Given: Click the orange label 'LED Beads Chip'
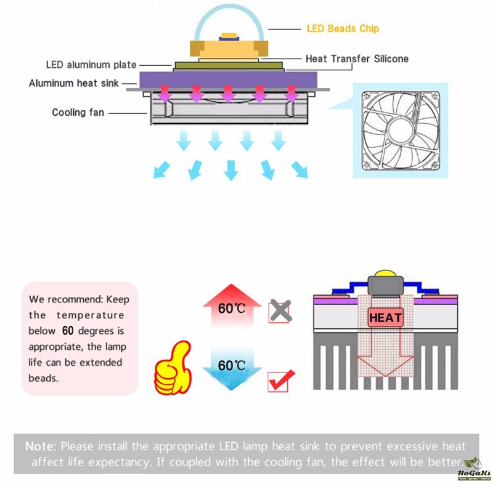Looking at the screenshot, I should [x=343, y=28].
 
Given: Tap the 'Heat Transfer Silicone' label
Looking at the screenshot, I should [x=357, y=59].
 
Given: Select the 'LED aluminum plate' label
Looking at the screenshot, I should [x=91, y=65].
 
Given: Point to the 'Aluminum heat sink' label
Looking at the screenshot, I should [x=74, y=83].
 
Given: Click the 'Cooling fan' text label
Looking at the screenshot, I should [x=78, y=113].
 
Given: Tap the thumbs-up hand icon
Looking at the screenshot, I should [x=174, y=370].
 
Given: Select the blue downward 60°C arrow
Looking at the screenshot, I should [x=231, y=368].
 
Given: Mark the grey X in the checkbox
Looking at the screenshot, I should [x=280, y=311].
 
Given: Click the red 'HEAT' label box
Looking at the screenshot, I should [x=386, y=318].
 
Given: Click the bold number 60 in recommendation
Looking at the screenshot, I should [x=68, y=331].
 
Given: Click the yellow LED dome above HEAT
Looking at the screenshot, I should [x=385, y=273].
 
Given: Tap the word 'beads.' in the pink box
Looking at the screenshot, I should [x=44, y=378].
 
